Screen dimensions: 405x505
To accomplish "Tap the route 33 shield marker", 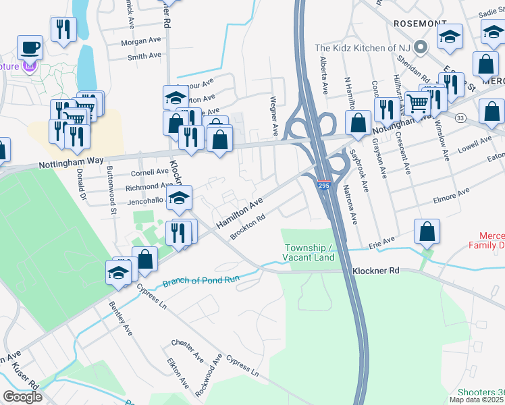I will pos(460,117).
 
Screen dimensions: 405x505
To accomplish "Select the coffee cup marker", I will pos(30,47).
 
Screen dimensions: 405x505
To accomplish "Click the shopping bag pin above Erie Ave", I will pos(427,232).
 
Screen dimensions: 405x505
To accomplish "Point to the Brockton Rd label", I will pos(248,227).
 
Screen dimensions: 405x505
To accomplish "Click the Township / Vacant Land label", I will pos(310,252).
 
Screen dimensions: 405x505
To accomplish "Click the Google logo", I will pos(22,397).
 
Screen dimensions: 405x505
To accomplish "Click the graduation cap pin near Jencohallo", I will pos(180,198).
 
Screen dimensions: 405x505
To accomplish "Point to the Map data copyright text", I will pos(477,400).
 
